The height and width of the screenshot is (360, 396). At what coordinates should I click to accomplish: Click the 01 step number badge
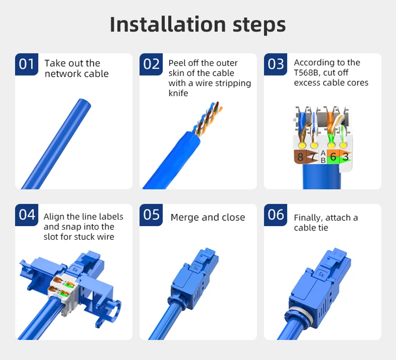pyautogui.click(x=26, y=64)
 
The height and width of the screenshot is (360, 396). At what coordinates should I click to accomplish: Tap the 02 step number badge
pyautogui.click(x=151, y=64)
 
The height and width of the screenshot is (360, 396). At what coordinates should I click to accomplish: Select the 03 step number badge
pyautogui.click(x=276, y=64)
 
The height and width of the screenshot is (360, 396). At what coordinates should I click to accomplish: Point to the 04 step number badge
pyautogui.click(x=26, y=215)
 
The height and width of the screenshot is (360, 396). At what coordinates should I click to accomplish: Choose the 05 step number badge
pyautogui.click(x=151, y=215)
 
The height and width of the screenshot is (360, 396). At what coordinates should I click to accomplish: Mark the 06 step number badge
pyautogui.click(x=276, y=215)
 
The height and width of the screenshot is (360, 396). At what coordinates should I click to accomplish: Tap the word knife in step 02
pyautogui.click(x=178, y=93)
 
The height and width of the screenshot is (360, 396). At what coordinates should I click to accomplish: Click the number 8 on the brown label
pyautogui.click(x=300, y=157)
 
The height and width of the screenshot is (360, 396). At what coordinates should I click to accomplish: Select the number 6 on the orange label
pyautogui.click(x=333, y=157)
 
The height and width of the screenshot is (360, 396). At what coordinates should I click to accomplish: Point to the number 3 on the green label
pyautogui.click(x=345, y=156)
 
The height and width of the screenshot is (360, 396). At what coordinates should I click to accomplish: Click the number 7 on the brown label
pyautogui.click(x=312, y=157)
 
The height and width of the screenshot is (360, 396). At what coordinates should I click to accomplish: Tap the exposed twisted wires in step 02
pyautogui.click(x=209, y=119)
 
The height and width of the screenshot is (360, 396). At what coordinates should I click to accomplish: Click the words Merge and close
pyautogui.click(x=208, y=217)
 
